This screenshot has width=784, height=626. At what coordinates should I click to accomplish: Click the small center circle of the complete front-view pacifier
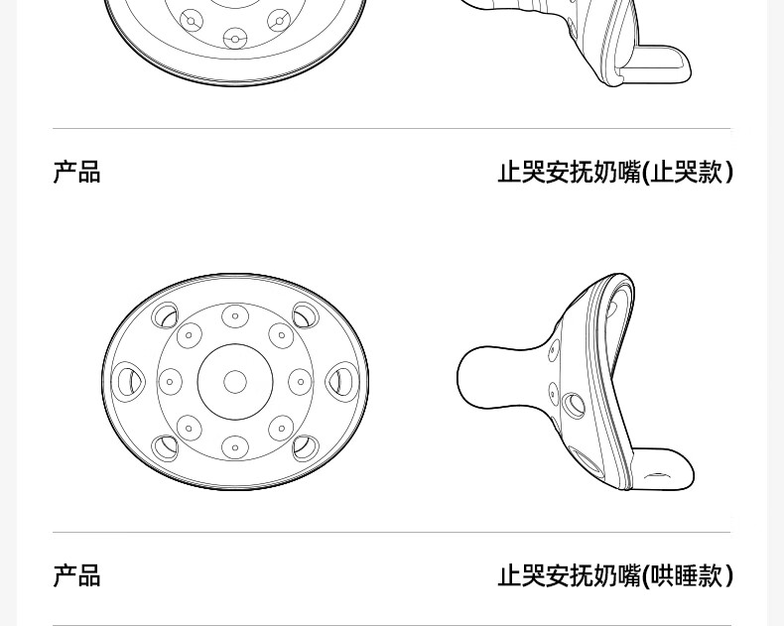tap(235, 382)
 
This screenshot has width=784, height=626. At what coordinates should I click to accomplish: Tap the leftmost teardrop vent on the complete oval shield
tap(128, 382)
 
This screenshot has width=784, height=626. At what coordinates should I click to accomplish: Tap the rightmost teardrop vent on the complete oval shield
tap(342, 382)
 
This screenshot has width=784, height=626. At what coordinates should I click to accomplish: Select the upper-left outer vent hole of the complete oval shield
tap(165, 315)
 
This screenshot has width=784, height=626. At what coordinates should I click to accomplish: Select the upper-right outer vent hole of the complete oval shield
tap(306, 315)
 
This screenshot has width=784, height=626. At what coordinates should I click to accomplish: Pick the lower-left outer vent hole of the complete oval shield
tap(165, 448)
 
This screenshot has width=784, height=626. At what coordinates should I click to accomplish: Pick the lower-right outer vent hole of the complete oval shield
tap(306, 448)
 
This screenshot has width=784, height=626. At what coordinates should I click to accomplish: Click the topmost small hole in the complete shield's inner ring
tap(235, 316)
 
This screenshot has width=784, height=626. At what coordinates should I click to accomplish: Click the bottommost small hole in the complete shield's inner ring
tap(235, 448)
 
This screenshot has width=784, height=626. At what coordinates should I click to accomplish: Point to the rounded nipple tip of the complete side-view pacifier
tap(465, 376)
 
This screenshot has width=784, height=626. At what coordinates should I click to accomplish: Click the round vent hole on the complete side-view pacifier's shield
tap(574, 405)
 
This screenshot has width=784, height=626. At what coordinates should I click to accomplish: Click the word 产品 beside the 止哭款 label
tap(77, 172)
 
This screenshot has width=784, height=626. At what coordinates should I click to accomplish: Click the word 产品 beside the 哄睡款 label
tap(77, 575)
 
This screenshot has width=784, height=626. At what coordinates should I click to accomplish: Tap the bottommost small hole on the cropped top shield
tap(235, 38)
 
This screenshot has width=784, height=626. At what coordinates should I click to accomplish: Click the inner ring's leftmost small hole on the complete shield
tap(170, 382)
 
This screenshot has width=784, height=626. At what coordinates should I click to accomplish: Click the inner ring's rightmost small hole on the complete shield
tap(301, 382)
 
